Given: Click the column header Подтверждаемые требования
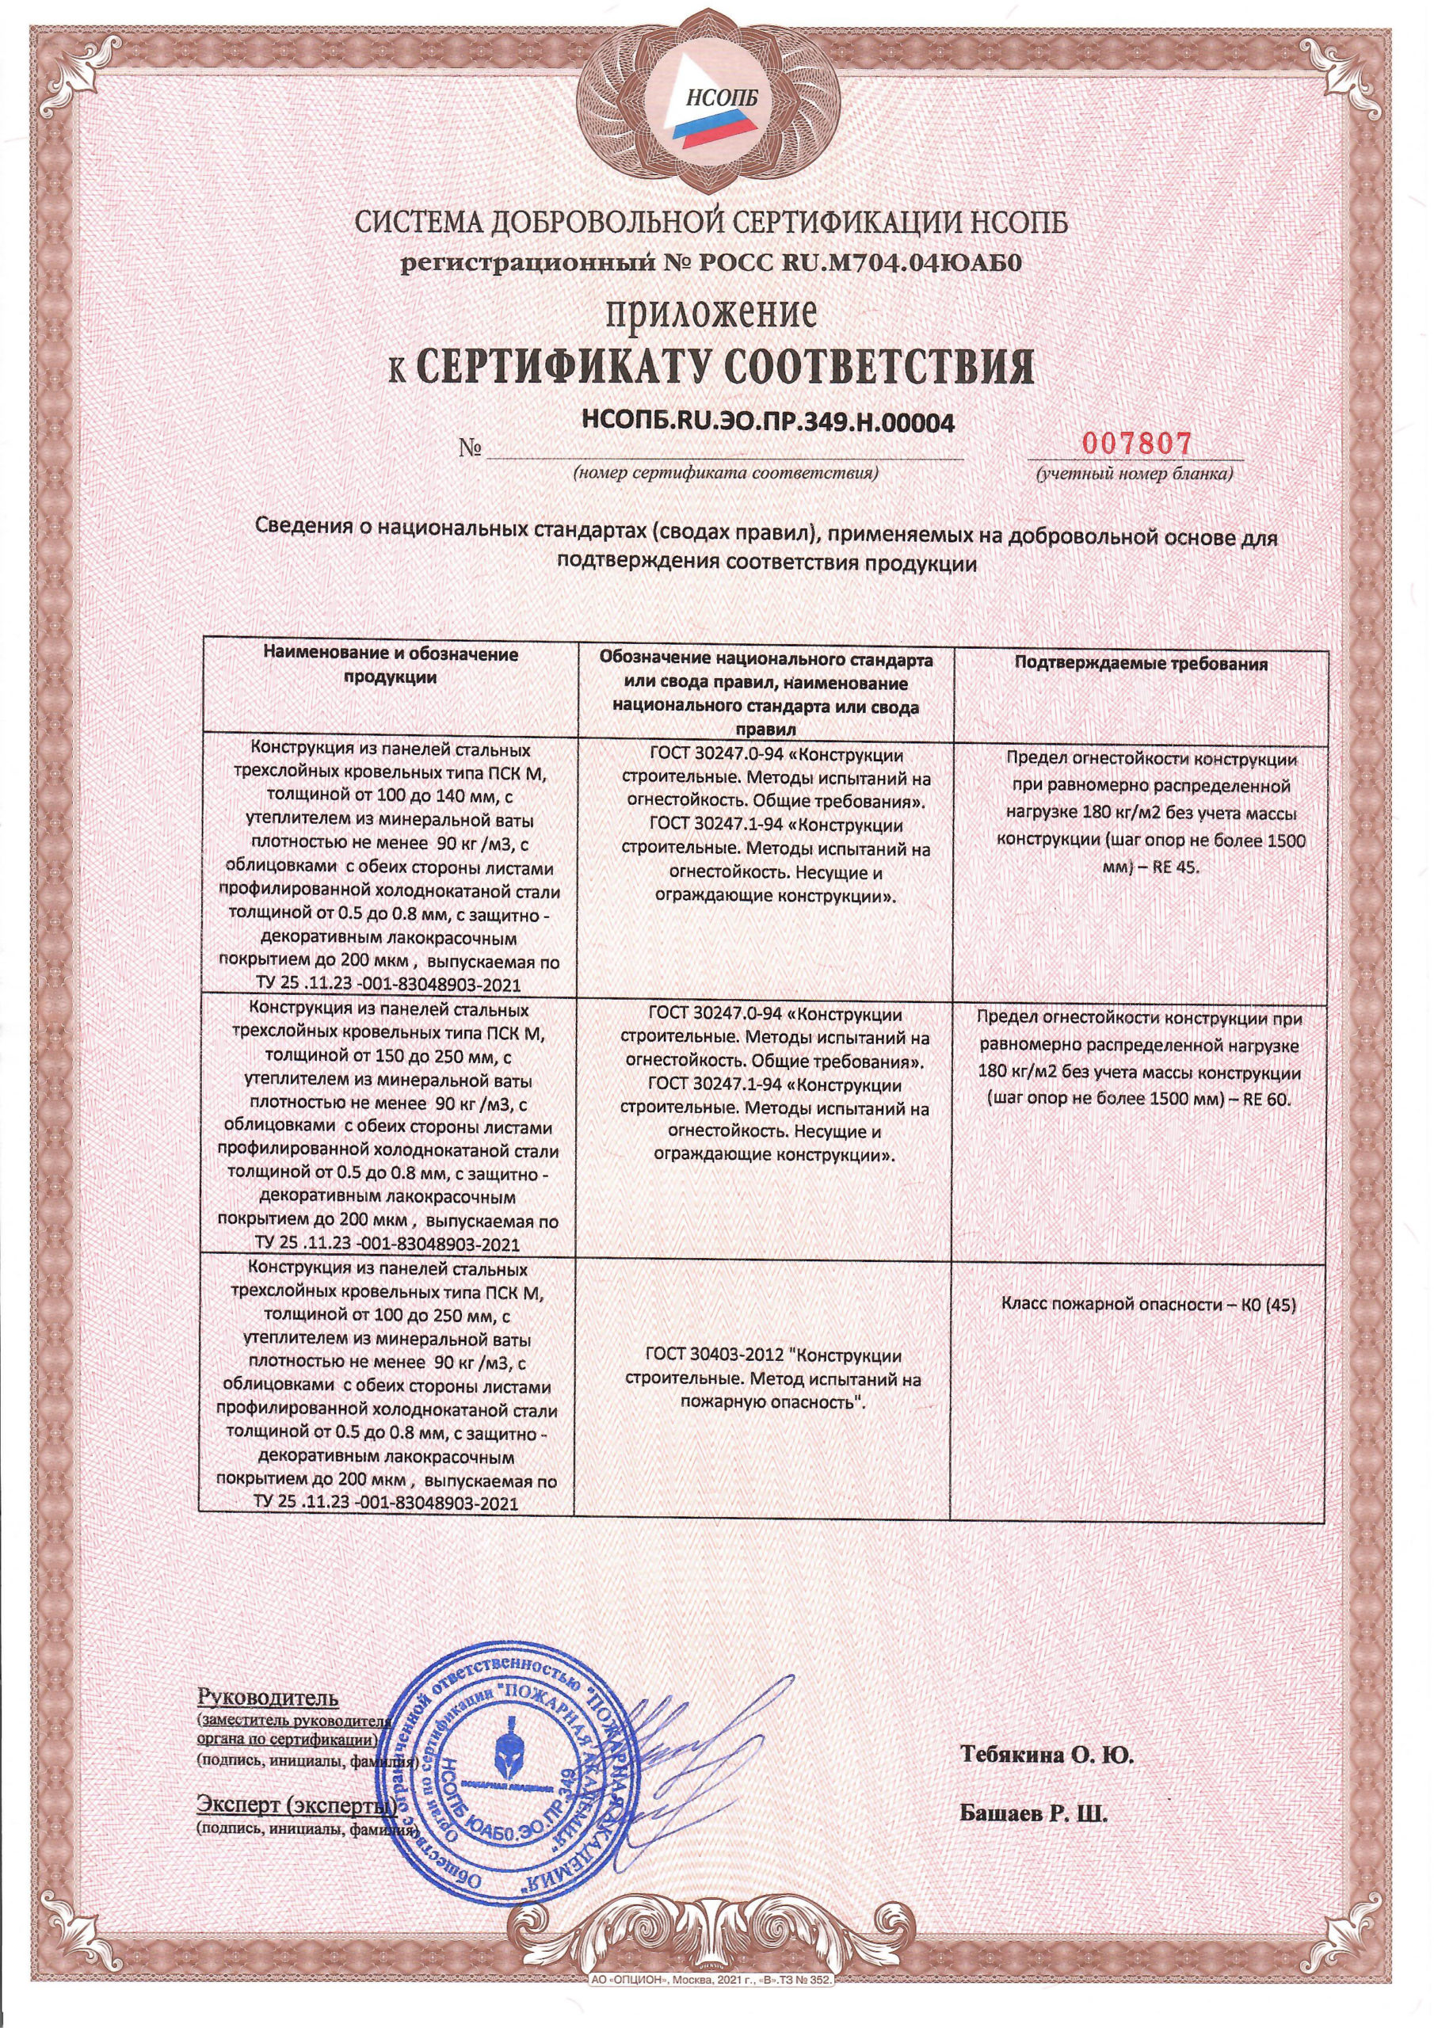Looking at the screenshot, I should click(1141, 664).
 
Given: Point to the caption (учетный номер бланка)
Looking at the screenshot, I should click(1135, 475).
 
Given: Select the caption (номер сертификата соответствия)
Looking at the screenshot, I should click(726, 474).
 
